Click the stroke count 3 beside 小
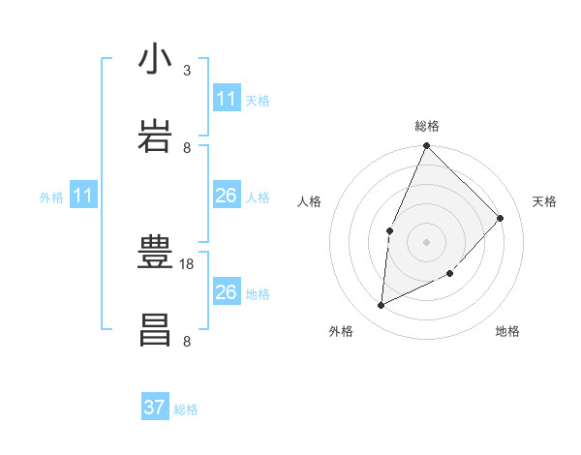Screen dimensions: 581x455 pyautogui.click(x=187, y=71)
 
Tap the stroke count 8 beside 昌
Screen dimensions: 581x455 pyautogui.click(x=187, y=341)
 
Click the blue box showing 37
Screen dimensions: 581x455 pyautogui.click(x=155, y=408)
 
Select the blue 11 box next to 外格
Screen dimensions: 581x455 pyautogui.click(x=83, y=197)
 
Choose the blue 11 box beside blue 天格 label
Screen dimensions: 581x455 pyautogui.click(x=227, y=99)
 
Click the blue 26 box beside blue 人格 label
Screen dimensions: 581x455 pyautogui.click(x=227, y=196)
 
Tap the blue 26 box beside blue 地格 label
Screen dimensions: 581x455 pyautogui.click(x=227, y=292)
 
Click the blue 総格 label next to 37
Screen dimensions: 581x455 pyautogui.click(x=186, y=409)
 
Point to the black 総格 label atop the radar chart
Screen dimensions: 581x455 pyautogui.click(x=427, y=126)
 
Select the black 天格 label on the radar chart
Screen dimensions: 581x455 pyautogui.click(x=545, y=201)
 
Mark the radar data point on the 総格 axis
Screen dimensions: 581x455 pyautogui.click(x=427, y=146)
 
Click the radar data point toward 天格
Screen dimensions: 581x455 pyautogui.click(x=501, y=218)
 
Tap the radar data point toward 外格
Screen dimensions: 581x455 pyautogui.click(x=382, y=306)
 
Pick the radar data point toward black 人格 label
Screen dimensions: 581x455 pyautogui.click(x=389, y=230)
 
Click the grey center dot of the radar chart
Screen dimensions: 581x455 pyautogui.click(x=427, y=242)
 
